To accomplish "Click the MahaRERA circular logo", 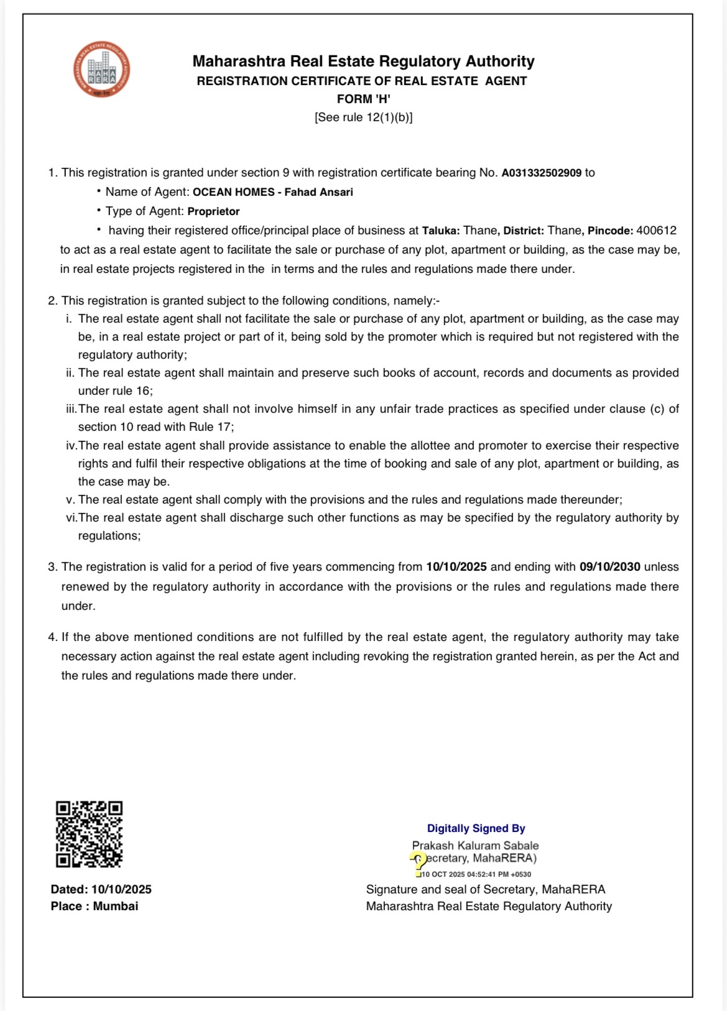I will (x=101, y=70).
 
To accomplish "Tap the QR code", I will (x=89, y=834).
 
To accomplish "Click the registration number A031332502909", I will (x=541, y=173).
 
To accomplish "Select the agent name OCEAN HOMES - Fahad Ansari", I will (x=272, y=192).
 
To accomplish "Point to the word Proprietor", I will (x=213, y=211).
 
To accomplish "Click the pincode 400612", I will (x=656, y=231).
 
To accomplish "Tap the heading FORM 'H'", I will (x=363, y=99).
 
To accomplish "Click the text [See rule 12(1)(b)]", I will (x=363, y=117).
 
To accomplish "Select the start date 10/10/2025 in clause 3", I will (x=456, y=567).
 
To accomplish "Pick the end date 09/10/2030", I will (x=609, y=567).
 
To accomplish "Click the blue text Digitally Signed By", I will (x=476, y=828).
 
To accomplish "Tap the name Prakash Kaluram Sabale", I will (x=475, y=846).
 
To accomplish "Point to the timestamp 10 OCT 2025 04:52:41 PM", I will (x=476, y=874).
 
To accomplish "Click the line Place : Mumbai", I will (x=95, y=906).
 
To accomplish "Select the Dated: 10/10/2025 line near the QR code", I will (x=101, y=889).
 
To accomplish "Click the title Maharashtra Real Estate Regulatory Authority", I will (x=363, y=61).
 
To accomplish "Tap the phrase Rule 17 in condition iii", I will (x=210, y=427).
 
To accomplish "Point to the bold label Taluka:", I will (x=441, y=231).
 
